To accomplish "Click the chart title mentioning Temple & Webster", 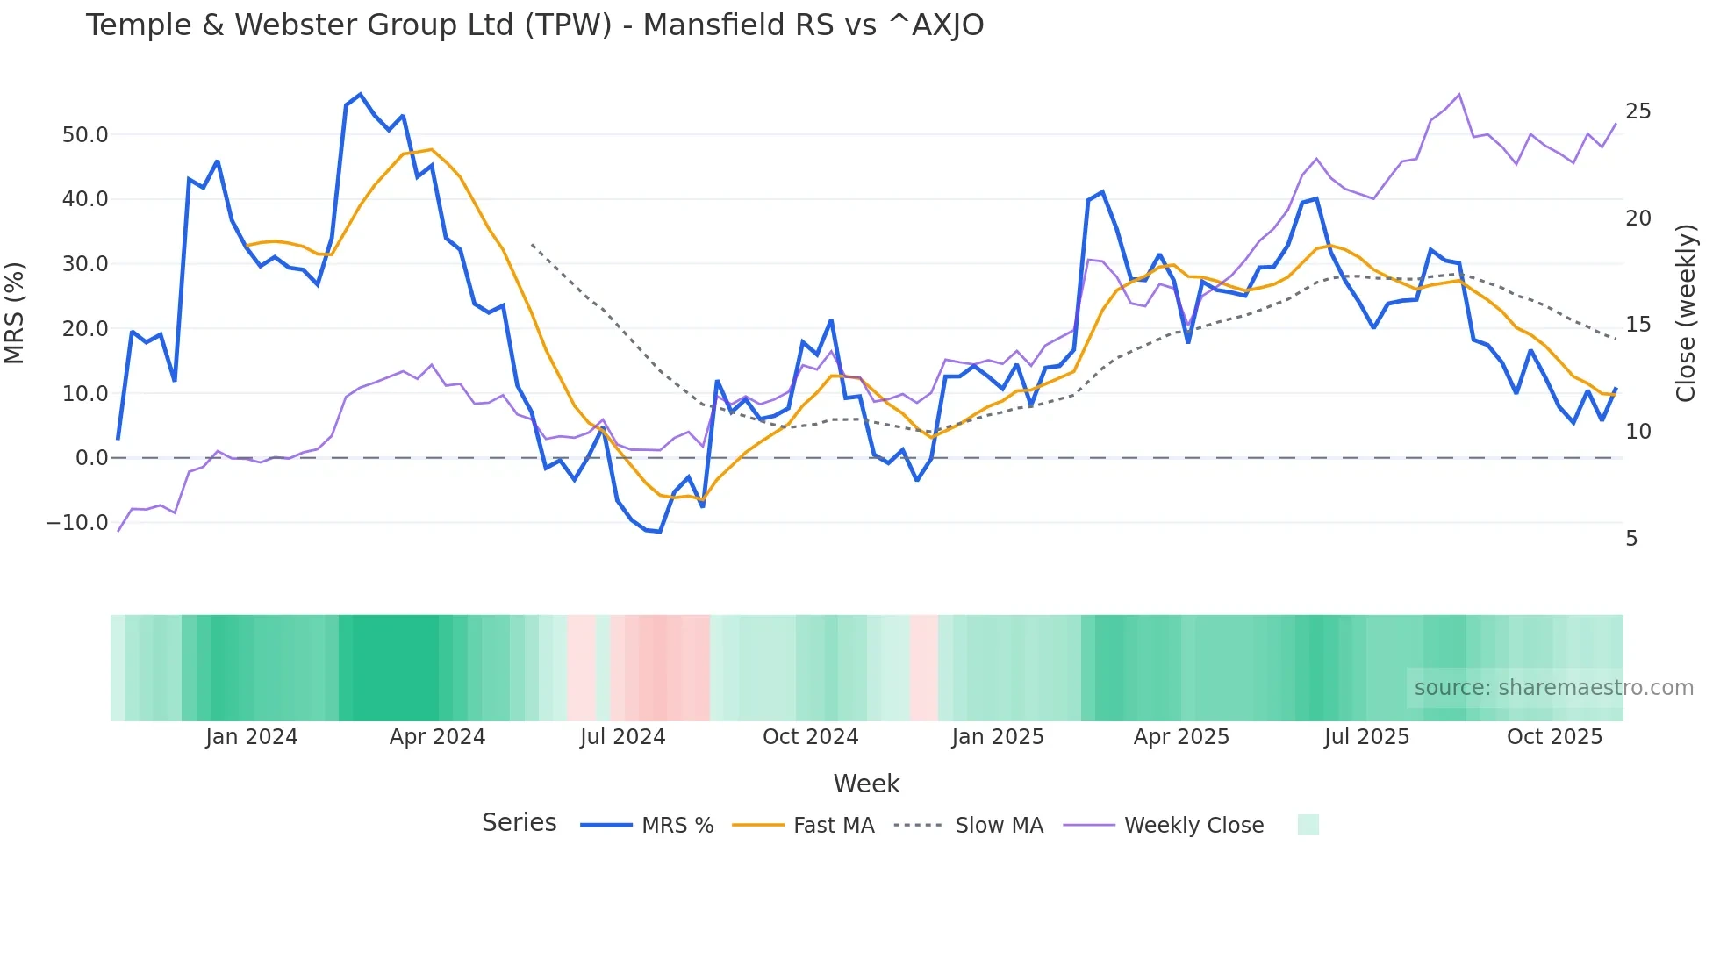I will [x=534, y=25].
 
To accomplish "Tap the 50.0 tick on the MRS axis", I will [x=85, y=135].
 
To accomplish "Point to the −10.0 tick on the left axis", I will [x=77, y=523].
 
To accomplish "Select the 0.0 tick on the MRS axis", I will [x=91, y=458].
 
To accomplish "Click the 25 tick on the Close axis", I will [x=1638, y=111].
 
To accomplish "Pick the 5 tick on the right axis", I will [x=1631, y=539].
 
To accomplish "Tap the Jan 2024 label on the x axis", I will [x=252, y=737].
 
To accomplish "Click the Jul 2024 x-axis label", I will [x=622, y=737].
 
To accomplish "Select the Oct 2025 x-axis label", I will [x=1554, y=737].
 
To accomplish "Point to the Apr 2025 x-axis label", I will [x=1181, y=737].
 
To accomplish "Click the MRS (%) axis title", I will [x=15, y=313].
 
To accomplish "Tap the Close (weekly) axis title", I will [x=1685, y=313].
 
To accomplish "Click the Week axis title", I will [x=866, y=784].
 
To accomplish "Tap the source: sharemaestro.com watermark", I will [x=1553, y=688].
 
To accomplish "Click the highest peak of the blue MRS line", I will [x=361, y=95].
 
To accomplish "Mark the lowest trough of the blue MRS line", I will [x=659, y=532].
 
